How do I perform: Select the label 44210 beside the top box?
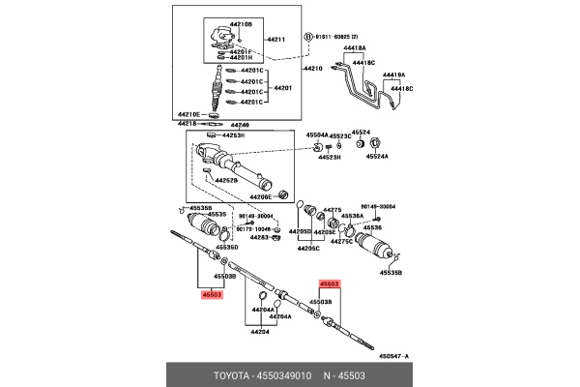point(311,69)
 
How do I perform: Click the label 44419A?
point(393,74)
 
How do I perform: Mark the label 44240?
point(239,126)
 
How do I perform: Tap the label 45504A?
point(320,135)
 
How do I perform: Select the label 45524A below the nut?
point(376,156)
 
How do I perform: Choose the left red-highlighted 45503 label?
point(212,294)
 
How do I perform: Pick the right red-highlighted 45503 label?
point(330,283)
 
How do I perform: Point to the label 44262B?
point(226,179)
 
